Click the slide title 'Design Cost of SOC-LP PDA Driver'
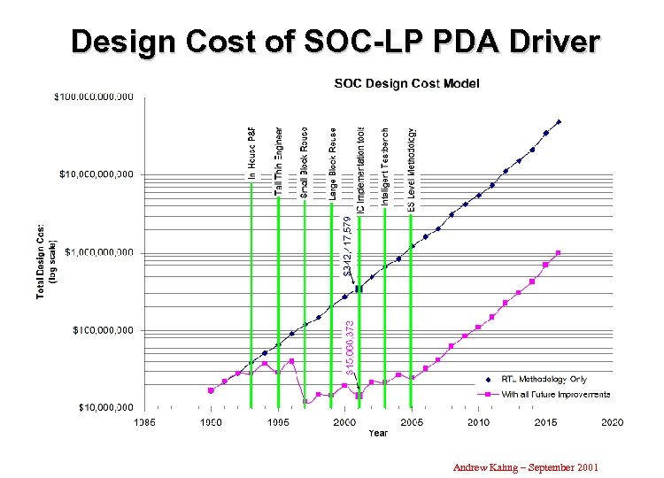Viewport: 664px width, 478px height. [x=336, y=42]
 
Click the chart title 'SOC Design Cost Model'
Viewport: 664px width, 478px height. [x=406, y=84]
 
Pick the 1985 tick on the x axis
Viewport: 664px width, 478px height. [x=144, y=422]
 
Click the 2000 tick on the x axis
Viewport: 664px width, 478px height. [x=345, y=422]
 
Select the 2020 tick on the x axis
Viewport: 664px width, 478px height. [x=612, y=422]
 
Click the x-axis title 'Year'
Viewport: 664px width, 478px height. [x=378, y=433]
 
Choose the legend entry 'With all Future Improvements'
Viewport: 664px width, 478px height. [x=556, y=394]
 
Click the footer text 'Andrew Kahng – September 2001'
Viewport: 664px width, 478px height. [x=526, y=466]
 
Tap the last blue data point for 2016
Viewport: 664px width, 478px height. [x=559, y=122]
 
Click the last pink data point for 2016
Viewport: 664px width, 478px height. [x=559, y=253]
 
